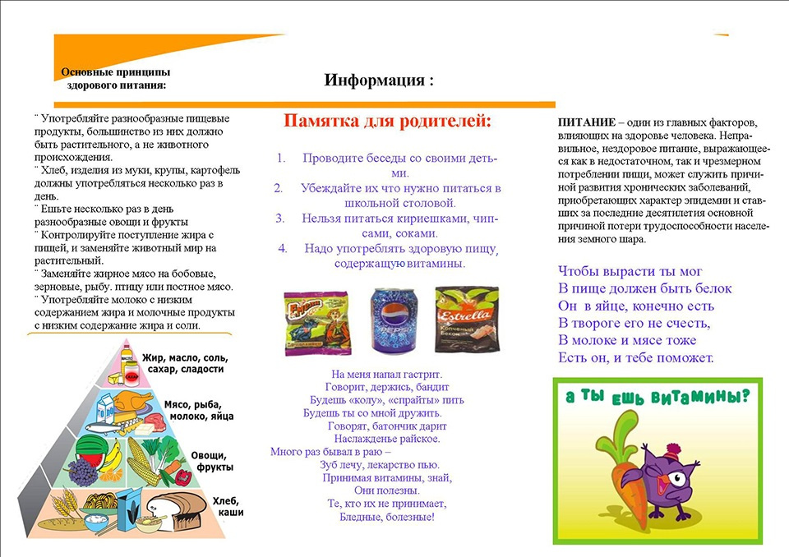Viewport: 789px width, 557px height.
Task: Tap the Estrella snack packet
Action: pos(467,320)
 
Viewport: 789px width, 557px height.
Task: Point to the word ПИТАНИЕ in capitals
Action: pos(584,121)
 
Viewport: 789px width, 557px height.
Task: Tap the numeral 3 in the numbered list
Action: pos(280,218)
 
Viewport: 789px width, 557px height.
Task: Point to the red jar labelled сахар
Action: pos(131,375)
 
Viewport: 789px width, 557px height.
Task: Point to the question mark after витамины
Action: pos(745,395)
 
